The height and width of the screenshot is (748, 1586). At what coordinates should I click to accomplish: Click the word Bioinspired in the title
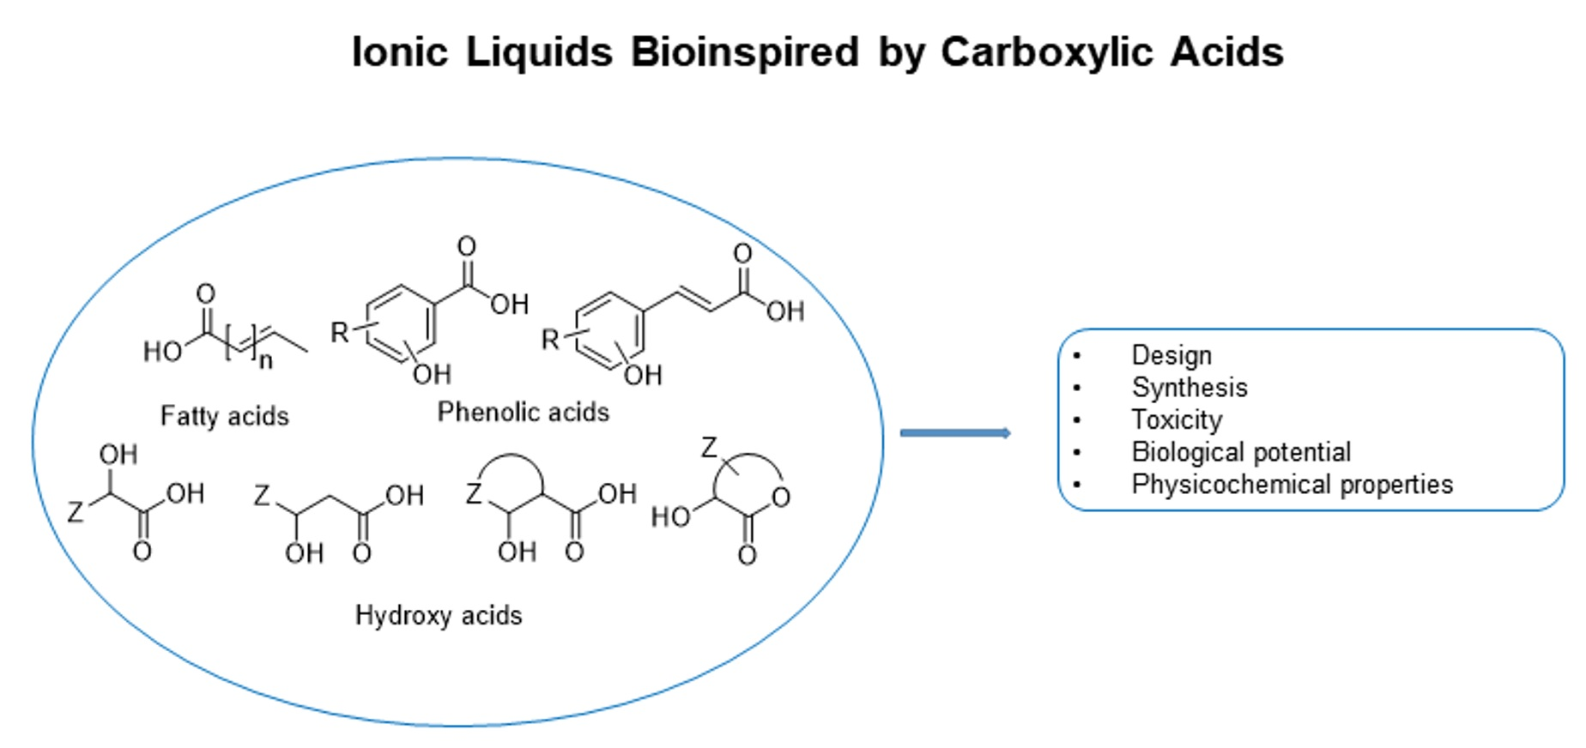(x=744, y=52)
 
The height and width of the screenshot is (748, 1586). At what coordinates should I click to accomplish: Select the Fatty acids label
(x=225, y=416)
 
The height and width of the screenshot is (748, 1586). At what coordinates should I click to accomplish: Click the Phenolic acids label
(x=524, y=413)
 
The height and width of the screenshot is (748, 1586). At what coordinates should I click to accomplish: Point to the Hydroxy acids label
(x=439, y=615)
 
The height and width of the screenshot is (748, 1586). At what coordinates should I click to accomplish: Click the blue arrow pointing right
(x=955, y=433)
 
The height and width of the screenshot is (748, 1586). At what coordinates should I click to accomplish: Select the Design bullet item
(x=1171, y=355)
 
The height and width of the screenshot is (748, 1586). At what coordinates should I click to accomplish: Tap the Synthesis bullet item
(x=1189, y=388)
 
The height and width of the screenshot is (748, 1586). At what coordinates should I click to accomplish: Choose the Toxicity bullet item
(x=1177, y=420)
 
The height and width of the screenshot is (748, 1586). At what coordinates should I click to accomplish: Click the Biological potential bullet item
(x=1241, y=452)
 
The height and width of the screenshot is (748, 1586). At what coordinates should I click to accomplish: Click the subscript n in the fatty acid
(x=266, y=361)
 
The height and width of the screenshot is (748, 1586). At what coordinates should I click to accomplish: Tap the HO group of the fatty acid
(x=162, y=352)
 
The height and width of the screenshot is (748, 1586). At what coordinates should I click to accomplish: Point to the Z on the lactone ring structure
(x=709, y=448)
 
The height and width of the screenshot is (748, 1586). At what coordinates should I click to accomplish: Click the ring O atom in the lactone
(x=780, y=498)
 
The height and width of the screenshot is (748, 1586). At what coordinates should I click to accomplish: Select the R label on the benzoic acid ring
(x=340, y=333)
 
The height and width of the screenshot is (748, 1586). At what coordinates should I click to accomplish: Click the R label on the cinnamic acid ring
(x=550, y=340)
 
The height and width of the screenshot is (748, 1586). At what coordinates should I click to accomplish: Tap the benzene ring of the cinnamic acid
(x=610, y=331)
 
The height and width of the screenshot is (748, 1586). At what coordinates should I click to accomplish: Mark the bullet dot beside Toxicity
(x=1077, y=420)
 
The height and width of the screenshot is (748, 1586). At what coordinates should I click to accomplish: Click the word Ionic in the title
(x=400, y=52)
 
